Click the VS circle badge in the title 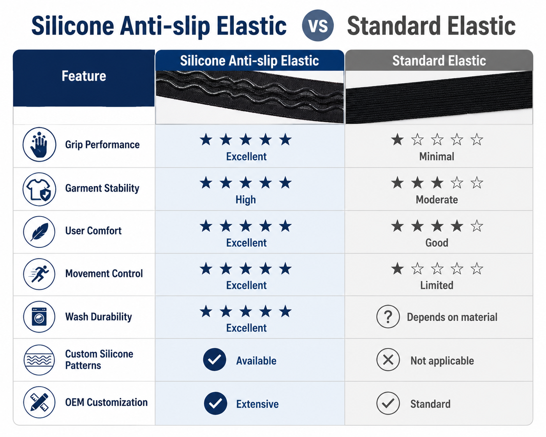(318, 25)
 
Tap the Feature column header (84, 76)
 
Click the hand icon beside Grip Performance (39, 144)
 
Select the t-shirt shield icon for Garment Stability (39, 189)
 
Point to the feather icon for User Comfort (39, 232)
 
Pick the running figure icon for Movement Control (39, 274)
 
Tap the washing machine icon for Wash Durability (39, 317)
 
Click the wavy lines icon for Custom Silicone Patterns (39, 360)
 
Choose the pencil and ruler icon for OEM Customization (39, 402)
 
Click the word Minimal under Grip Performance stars (437, 156)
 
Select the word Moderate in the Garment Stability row (437, 199)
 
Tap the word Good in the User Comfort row (437, 243)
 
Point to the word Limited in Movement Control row (437, 285)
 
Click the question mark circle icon (388, 317)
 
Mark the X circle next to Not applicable (388, 360)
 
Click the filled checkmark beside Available (215, 359)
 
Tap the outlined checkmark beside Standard (388, 403)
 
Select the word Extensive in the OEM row (257, 404)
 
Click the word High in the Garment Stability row (246, 200)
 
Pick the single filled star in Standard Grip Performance (397, 139)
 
